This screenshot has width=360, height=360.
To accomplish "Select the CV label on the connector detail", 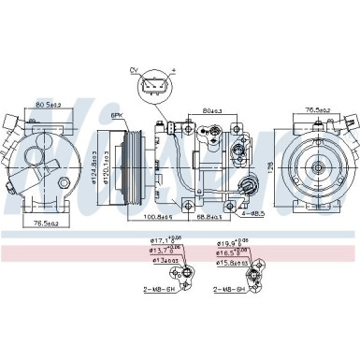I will tap(135, 68).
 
